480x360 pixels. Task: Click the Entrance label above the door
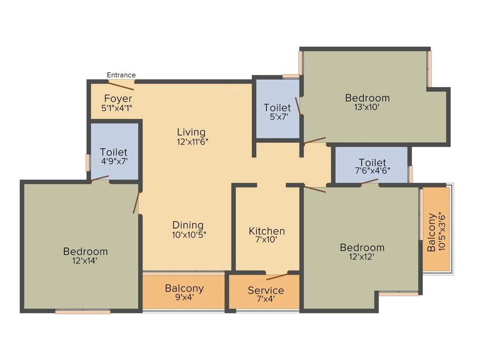(121, 75)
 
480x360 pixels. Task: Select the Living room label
(191, 132)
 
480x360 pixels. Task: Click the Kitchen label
(266, 231)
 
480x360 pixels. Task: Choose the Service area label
(266, 290)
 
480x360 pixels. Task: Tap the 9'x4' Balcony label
(184, 288)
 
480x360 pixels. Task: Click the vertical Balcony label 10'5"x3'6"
(436, 232)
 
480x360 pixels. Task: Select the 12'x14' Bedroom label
(85, 252)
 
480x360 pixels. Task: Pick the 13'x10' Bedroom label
(367, 98)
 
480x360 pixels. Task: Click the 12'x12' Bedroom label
(362, 247)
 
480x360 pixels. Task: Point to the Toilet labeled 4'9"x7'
(113, 152)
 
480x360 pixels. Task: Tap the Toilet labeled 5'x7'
(277, 108)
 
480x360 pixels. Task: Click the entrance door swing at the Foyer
(121, 85)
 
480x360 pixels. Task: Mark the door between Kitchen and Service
(277, 276)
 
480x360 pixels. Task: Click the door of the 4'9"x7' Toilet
(100, 178)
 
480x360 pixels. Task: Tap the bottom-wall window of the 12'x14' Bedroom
(83, 311)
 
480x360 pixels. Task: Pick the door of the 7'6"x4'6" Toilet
(369, 182)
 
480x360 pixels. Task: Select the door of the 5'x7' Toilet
(298, 106)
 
